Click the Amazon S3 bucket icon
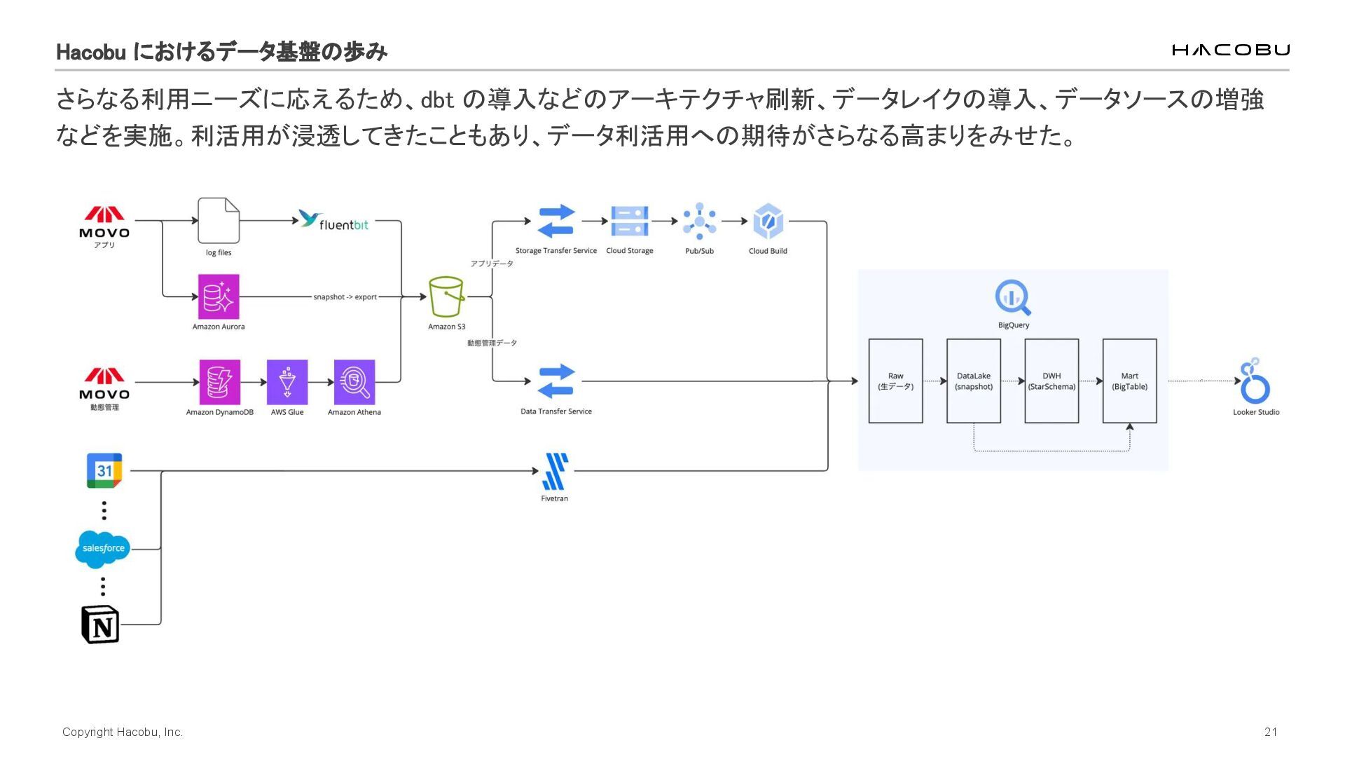[x=446, y=296]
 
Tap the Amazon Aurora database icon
[x=219, y=296]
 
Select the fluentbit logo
[x=333, y=221]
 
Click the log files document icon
[x=219, y=220]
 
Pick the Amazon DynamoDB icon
[x=219, y=382]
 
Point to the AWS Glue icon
[x=287, y=382]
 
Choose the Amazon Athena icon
[x=354, y=382]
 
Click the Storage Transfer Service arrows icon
[x=556, y=221]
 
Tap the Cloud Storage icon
[x=629, y=221]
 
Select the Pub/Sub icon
[x=699, y=221]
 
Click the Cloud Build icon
[x=768, y=221]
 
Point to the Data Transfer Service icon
[x=556, y=381]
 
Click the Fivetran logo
[x=555, y=471]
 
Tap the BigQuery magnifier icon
[x=1013, y=298]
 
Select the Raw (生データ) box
[x=895, y=381]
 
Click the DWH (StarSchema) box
[x=1051, y=381]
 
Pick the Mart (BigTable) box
[x=1129, y=381]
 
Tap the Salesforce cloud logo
[x=103, y=549]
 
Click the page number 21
[x=1271, y=732]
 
